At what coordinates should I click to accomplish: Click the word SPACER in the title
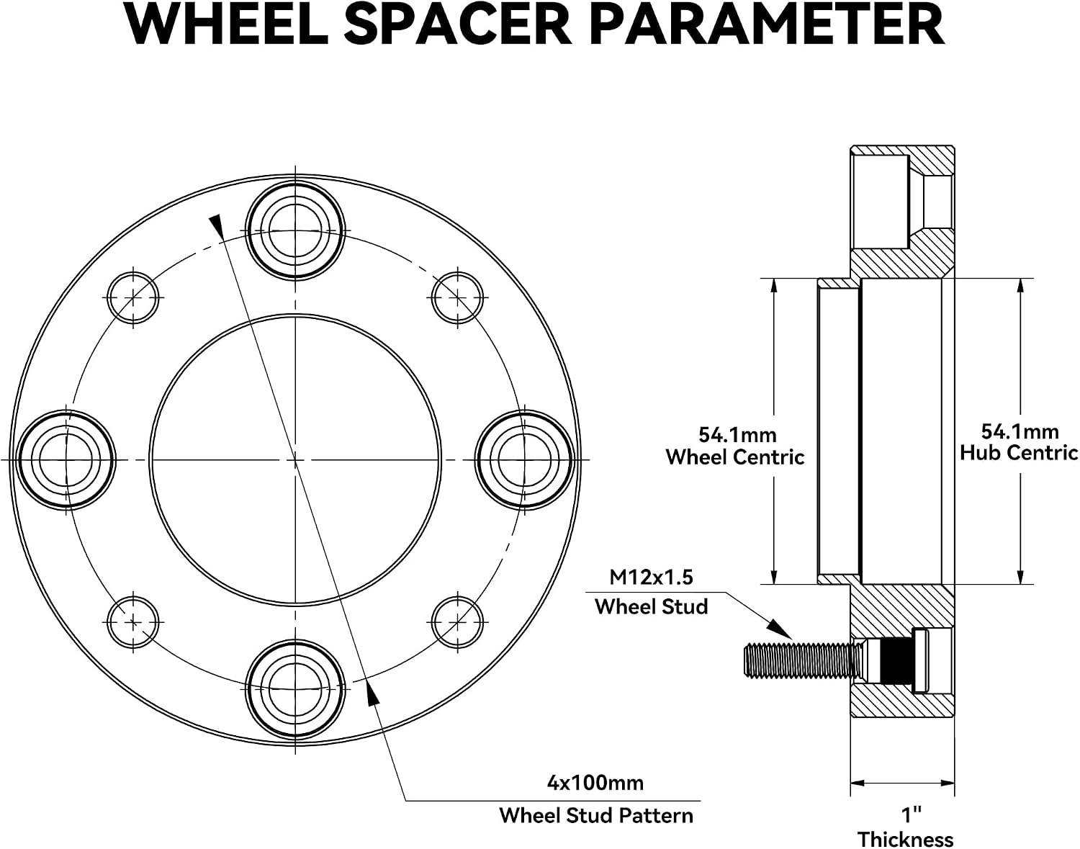(x=457, y=25)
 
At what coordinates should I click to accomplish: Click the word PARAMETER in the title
(x=769, y=25)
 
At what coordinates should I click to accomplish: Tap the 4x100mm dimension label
(x=595, y=783)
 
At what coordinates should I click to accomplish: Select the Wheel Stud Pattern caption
(x=596, y=816)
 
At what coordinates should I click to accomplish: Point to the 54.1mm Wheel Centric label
(x=735, y=446)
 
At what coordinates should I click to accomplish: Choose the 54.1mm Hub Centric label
(x=1019, y=442)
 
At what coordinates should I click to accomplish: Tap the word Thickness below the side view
(x=906, y=839)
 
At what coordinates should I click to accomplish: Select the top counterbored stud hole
(x=296, y=230)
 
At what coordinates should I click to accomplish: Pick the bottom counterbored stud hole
(x=296, y=690)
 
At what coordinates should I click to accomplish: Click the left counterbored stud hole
(x=66, y=460)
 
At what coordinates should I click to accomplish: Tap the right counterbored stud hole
(x=525, y=460)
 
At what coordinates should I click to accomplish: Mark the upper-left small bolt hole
(x=133, y=297)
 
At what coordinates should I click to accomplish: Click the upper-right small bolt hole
(x=457, y=297)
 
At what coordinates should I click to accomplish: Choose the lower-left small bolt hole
(x=133, y=622)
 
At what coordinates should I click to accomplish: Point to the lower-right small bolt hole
(x=457, y=622)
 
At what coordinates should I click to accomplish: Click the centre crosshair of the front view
(x=296, y=460)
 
